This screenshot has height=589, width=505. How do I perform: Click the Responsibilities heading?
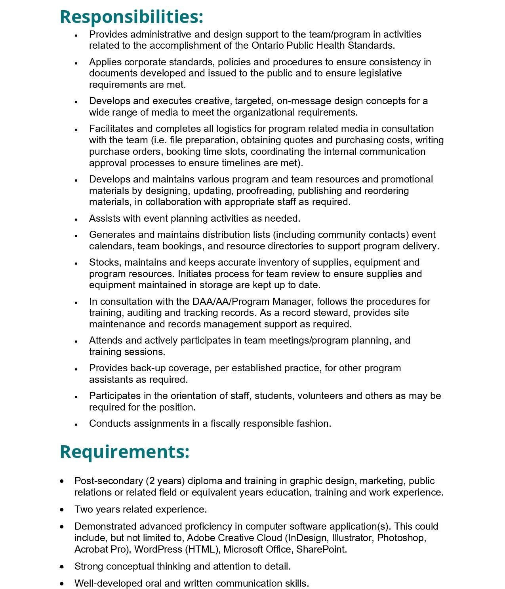pos(131,17)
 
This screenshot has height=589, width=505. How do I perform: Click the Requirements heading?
pos(124,452)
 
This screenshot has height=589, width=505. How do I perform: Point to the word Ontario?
pos(267,46)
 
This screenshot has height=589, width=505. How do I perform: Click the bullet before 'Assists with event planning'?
pos(76,219)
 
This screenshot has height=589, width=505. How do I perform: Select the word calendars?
pos(112,246)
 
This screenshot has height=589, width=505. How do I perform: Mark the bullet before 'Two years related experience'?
pos(62,509)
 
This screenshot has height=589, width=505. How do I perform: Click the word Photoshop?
pos(401,538)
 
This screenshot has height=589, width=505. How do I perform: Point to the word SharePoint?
pos(321,549)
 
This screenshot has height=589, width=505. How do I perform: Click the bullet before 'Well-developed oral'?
pos(62,583)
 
